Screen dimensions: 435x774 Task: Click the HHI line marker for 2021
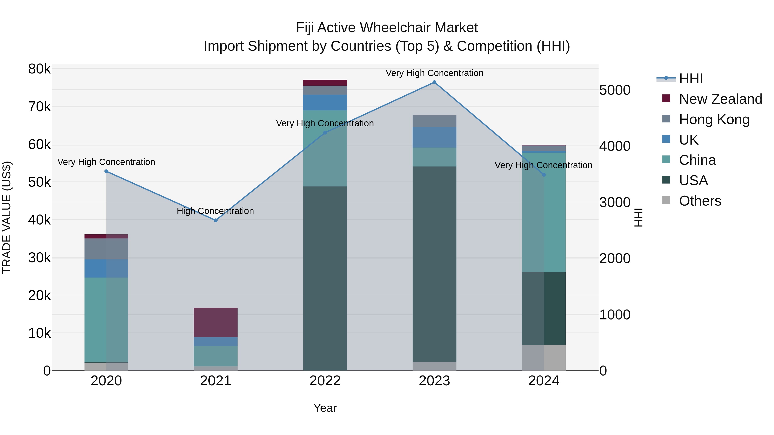tap(215, 220)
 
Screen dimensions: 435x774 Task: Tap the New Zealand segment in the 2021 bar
tap(215, 322)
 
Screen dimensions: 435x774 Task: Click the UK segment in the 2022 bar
tap(325, 102)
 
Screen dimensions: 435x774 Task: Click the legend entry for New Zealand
tap(720, 99)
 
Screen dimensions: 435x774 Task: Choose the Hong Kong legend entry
tap(714, 119)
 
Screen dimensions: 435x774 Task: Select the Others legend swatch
tap(666, 201)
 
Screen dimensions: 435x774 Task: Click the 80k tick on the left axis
tap(39, 69)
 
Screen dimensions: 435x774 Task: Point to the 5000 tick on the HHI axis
tap(615, 90)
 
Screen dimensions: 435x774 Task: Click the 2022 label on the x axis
tap(325, 381)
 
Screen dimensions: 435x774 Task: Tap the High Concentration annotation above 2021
tap(215, 211)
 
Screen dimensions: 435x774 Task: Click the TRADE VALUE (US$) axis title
tap(7, 217)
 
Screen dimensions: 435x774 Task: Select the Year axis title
tap(325, 408)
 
